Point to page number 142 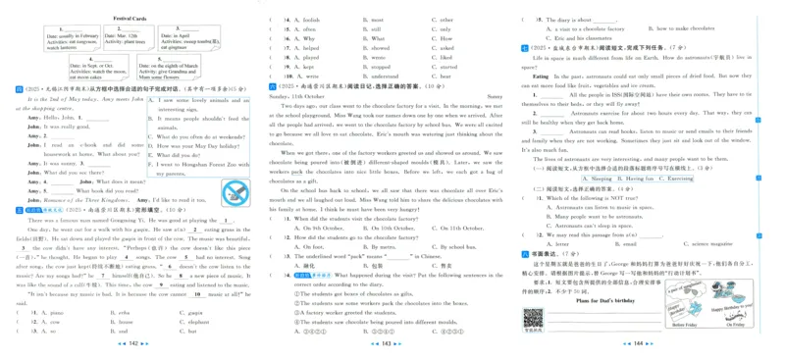[134, 343]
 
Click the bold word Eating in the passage [541, 76]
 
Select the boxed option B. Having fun [639, 179]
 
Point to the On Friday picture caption [735, 324]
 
